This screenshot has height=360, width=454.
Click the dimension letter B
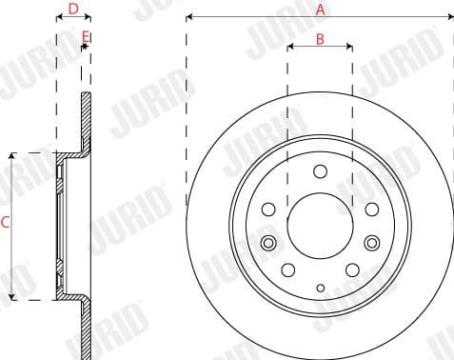pos(320,39)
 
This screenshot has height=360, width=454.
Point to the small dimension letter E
pos(85,36)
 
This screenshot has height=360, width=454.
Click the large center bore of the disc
pos(320,226)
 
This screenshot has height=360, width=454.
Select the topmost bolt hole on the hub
pos(320,171)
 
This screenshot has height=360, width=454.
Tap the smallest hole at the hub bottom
pos(320,288)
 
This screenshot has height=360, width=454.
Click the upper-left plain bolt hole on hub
pos(269,208)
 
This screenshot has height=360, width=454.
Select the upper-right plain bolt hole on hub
pos(371,208)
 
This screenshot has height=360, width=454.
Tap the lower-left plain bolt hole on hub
pos(287,270)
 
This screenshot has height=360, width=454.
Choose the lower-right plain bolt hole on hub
pos(352,270)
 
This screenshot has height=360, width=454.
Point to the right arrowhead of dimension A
pos(449,16)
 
